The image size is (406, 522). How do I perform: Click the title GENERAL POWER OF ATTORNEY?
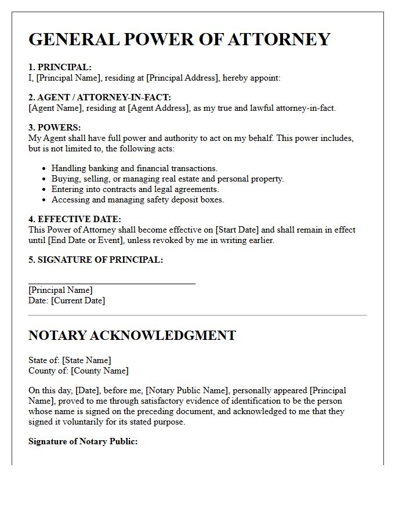pyautogui.click(x=179, y=39)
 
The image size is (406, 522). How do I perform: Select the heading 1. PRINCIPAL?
pyautogui.click(x=60, y=67)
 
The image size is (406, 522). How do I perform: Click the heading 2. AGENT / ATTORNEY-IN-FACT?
pyautogui.click(x=100, y=97)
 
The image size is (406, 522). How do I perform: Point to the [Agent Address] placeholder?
pyautogui.click(x=158, y=108)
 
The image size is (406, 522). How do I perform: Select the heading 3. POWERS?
pyautogui.click(x=55, y=128)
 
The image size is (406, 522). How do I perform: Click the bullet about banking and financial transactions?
pyautogui.click(x=134, y=168)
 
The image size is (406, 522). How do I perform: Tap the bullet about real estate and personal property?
pyautogui.click(x=168, y=179)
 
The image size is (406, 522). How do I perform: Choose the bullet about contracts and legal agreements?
pyautogui.click(x=135, y=189)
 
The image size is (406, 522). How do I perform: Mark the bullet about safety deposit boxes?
pyautogui.click(x=137, y=200)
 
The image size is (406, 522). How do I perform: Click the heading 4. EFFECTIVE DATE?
pyautogui.click(x=75, y=219)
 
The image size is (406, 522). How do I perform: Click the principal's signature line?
pyautogui.click(x=112, y=283)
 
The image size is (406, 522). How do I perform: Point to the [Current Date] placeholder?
pyautogui.click(x=78, y=300)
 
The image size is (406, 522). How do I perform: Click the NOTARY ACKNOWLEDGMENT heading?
pyautogui.click(x=132, y=335)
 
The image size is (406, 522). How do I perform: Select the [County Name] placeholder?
pyautogui.click(x=99, y=371)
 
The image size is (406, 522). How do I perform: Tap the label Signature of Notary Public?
pyautogui.click(x=83, y=441)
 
